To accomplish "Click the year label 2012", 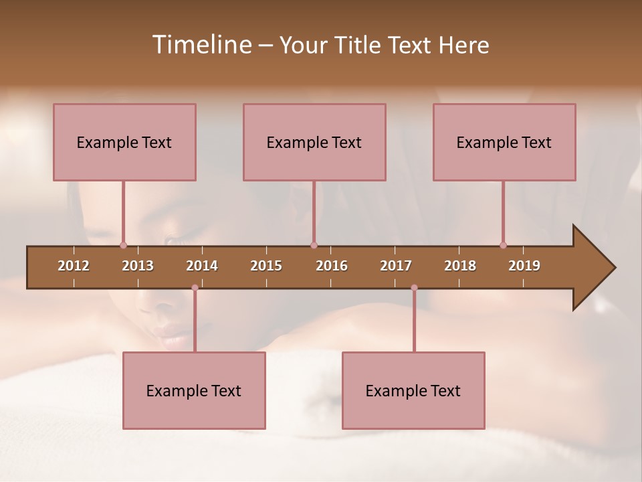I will pos(74,266).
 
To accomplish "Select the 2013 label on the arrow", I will pos(138,266).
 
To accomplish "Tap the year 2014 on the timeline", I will pos(202,266).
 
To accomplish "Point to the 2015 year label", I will pos(266,266).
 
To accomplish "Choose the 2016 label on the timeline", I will pos(332,266).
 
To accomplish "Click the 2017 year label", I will pos(396,266).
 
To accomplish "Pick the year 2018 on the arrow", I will pos(460,266).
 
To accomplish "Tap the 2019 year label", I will pos(524,266).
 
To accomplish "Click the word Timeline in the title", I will pos(201,45).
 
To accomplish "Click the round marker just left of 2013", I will pos(123,245).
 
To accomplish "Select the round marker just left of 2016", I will pos(314,245).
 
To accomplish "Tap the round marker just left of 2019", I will pos(503,245).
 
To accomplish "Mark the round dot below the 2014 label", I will pos(195,288).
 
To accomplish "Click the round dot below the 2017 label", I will pos(414,288).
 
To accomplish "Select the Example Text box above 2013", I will pos(124,142).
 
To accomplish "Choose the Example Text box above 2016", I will pos(314,142).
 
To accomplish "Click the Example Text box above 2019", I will pos(504,142).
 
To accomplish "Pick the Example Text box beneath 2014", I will pos(194,390).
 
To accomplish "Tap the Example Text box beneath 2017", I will pos(413,390).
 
